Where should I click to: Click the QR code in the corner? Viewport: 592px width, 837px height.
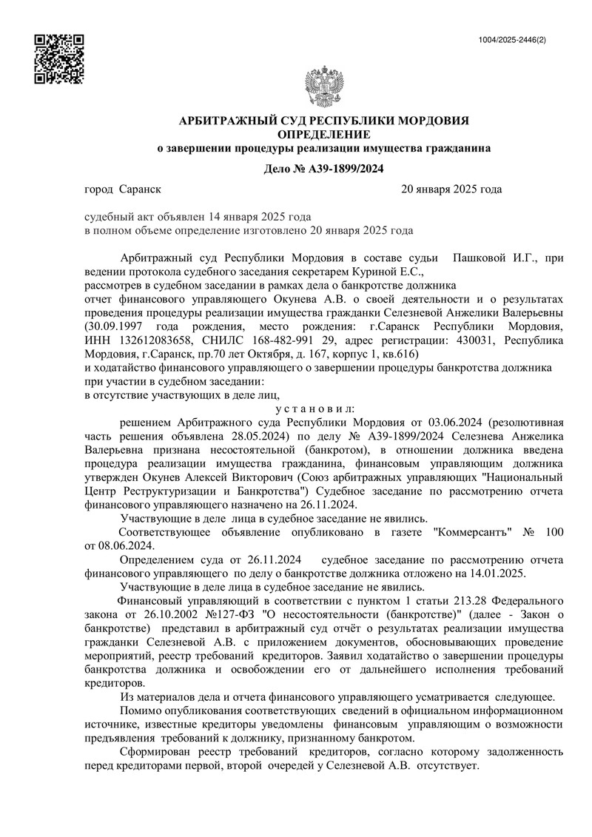(x=60, y=58)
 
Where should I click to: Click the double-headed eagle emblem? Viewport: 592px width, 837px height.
(x=326, y=90)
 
